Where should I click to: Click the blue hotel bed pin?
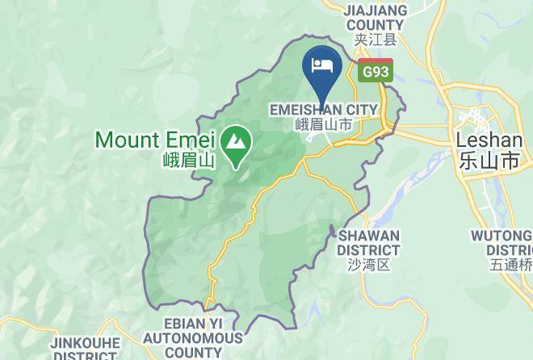[322, 65]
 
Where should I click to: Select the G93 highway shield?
[376, 70]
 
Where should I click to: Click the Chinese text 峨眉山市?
[322, 124]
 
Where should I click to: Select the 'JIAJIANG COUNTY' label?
[373, 18]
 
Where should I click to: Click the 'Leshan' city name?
[489, 140]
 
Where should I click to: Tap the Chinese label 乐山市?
[489, 160]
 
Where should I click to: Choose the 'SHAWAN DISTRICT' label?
[368, 242]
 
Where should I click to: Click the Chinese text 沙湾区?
[368, 264]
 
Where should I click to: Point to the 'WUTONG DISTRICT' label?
[502, 242]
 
